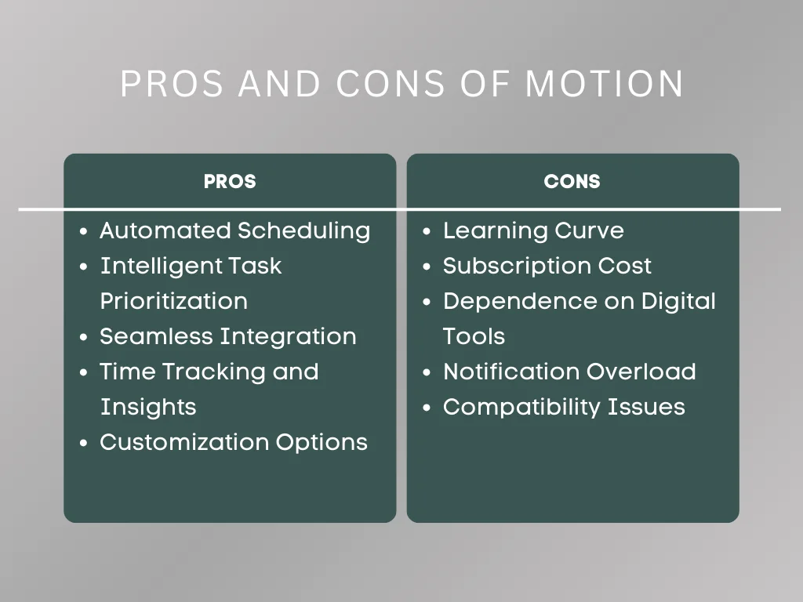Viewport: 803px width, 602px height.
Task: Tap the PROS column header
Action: click(230, 182)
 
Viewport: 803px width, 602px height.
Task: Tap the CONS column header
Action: click(572, 182)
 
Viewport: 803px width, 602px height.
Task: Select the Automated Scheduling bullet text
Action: click(234, 230)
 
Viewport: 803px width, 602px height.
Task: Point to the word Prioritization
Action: click(173, 301)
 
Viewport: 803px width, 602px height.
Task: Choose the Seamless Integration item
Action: click(227, 336)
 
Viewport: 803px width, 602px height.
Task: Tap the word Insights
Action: click(147, 407)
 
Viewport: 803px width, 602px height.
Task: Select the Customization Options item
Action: click(233, 442)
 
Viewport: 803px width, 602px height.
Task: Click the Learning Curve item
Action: click(533, 230)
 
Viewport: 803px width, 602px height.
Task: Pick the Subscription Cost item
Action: click(547, 266)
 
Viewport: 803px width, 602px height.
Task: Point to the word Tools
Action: click(474, 336)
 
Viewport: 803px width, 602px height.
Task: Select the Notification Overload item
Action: click(569, 372)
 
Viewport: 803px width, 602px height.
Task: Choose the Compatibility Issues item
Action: click(564, 407)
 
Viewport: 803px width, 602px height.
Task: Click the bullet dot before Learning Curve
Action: click(427, 232)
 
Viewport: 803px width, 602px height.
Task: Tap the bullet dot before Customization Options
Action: click(84, 444)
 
